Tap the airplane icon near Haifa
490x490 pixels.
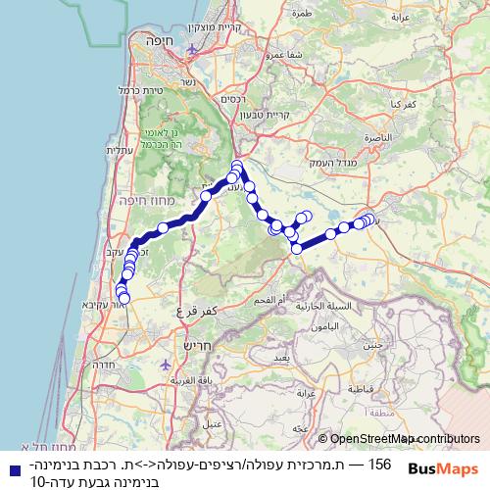[193, 49]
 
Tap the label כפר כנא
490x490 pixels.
[406, 102]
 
